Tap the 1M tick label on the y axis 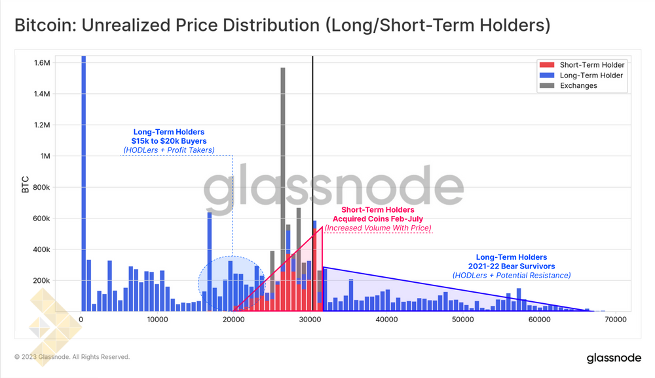[45, 156]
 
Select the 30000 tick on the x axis [310, 320]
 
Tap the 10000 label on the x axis [157, 320]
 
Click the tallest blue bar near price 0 [83, 184]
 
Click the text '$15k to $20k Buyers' [169, 141]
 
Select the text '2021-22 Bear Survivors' [511, 266]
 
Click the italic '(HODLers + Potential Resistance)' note [511, 276]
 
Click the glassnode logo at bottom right [613, 358]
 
